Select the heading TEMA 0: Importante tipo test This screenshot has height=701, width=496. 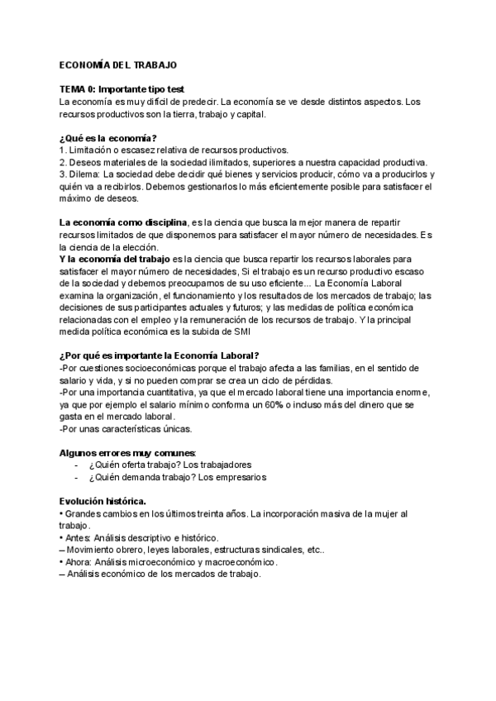(122, 88)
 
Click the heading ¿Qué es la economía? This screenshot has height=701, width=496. (108, 137)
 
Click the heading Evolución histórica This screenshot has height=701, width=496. (103, 501)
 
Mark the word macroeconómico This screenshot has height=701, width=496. (236, 562)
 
